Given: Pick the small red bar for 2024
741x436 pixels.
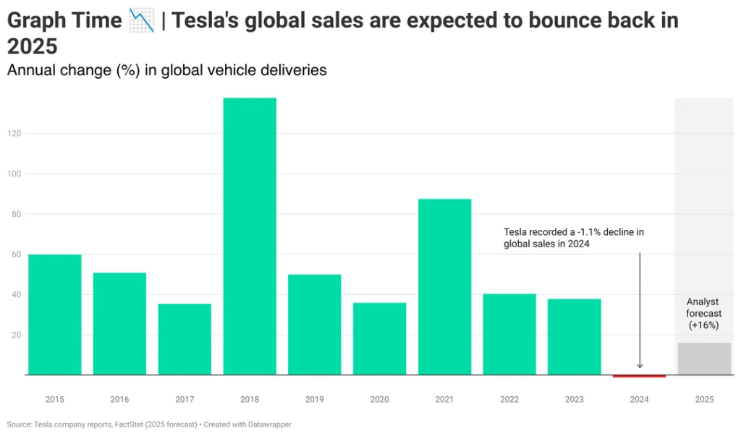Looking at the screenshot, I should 639,376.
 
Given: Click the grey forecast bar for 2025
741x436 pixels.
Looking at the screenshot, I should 704,359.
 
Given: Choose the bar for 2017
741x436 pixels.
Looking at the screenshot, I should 185,339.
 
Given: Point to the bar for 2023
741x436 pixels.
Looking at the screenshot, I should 574,337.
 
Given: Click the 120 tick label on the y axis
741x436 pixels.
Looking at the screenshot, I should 14,134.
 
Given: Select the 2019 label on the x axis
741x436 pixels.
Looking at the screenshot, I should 314,399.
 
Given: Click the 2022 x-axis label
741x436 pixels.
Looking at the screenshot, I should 509,399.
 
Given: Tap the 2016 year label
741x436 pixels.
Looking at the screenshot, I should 119,399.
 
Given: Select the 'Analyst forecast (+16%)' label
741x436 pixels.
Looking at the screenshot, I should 703,314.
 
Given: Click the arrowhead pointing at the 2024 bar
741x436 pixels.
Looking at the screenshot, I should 639,366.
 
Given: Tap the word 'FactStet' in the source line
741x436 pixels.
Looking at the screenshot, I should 137,424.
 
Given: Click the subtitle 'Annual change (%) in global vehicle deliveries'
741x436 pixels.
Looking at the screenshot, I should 166,70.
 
